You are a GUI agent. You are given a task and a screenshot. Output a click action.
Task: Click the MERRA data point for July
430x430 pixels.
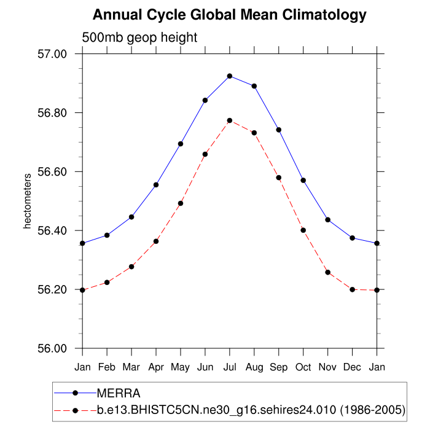(230, 76)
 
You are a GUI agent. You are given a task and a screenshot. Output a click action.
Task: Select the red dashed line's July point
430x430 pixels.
(230, 120)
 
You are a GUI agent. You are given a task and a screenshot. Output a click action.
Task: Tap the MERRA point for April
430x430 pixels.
(156, 185)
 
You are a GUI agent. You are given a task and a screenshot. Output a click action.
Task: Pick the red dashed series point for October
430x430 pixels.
(303, 230)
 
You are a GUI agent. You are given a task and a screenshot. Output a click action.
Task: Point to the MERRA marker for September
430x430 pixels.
(279, 130)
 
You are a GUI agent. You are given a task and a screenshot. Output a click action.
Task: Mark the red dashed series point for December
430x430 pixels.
(353, 289)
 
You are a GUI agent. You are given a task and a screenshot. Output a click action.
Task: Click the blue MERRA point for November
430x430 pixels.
(328, 220)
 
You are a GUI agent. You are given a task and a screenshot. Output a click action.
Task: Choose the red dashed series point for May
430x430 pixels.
(181, 203)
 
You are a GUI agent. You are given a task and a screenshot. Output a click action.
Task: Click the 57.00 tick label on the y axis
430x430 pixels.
(52, 54)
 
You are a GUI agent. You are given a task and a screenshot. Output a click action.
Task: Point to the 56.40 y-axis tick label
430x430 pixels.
(52, 231)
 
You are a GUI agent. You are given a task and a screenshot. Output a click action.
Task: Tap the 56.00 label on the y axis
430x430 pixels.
(52, 349)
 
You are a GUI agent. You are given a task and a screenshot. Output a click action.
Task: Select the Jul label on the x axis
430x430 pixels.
(230, 367)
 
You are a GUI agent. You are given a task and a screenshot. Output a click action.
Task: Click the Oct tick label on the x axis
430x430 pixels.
(303, 367)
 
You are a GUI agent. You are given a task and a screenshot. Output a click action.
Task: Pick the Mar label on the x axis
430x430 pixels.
(131, 367)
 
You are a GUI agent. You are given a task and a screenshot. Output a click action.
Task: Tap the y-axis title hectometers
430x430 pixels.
(27, 201)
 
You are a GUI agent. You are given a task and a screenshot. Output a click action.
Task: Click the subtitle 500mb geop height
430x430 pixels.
(139, 37)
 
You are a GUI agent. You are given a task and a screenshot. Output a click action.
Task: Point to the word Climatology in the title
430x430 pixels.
(315, 15)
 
